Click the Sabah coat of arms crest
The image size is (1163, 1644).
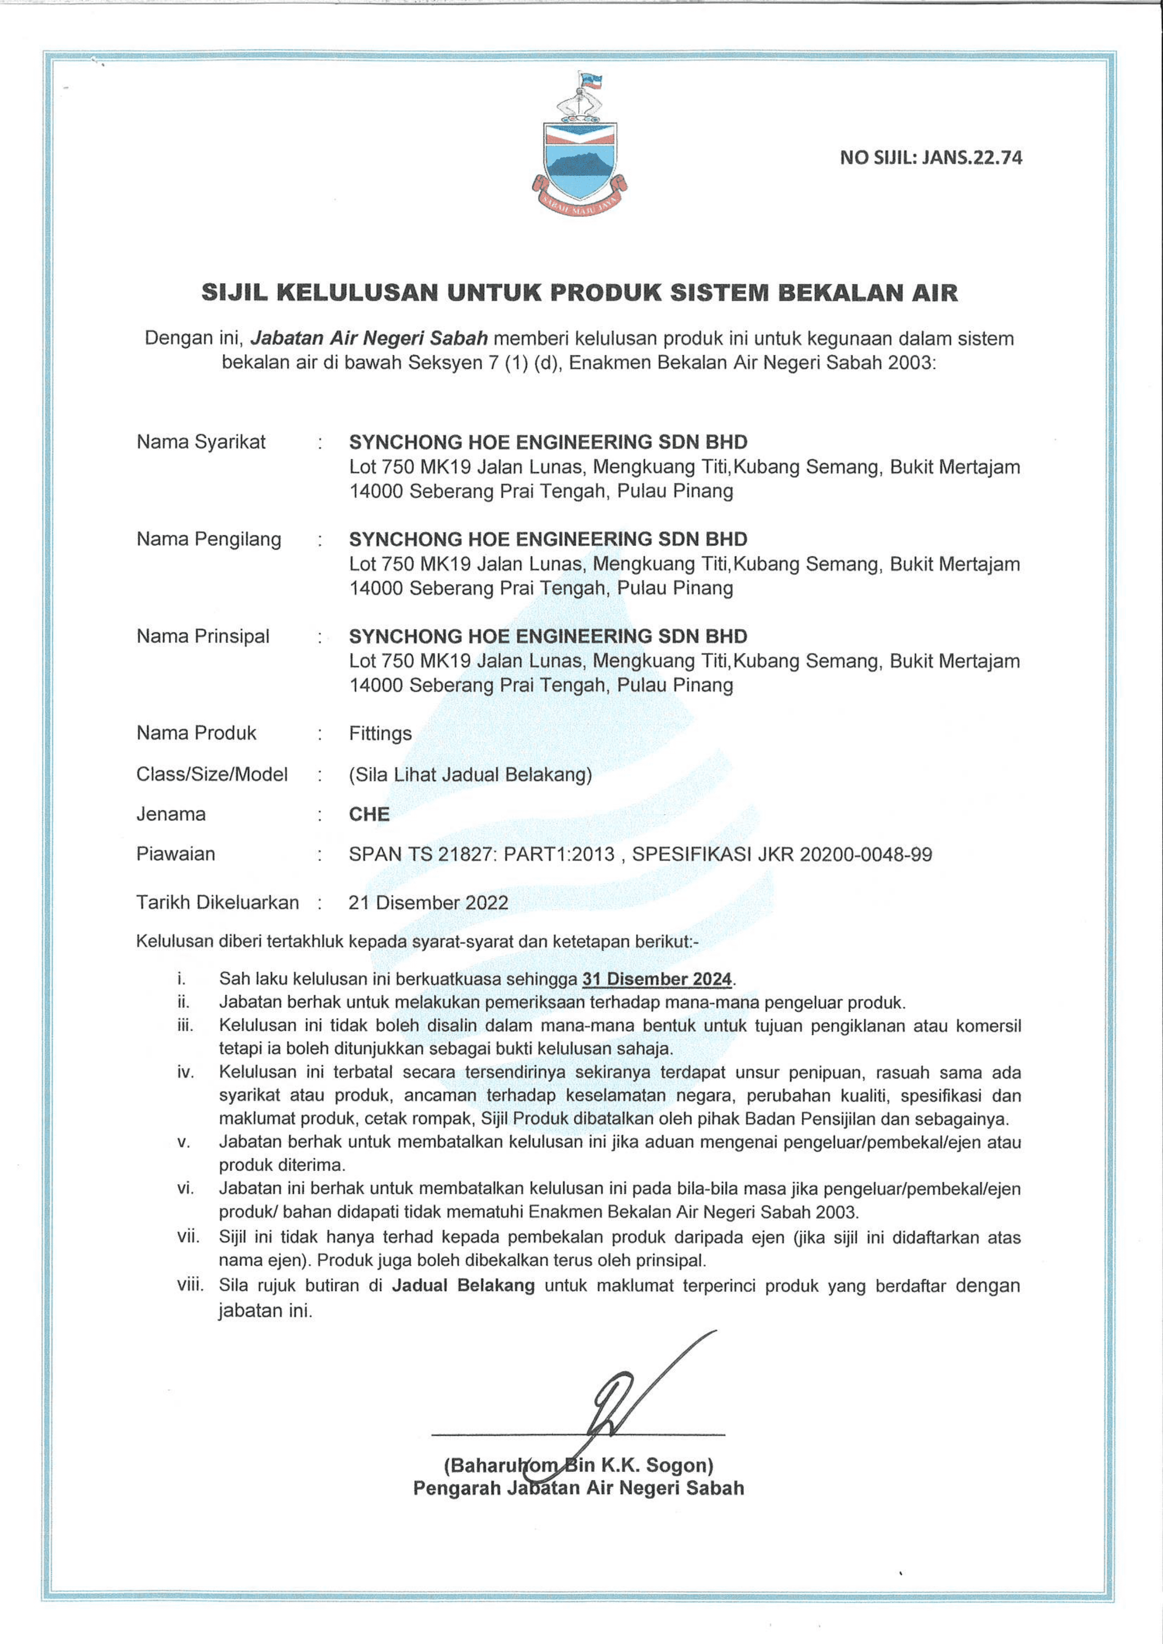[579, 146]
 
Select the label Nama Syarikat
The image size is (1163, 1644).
[201, 442]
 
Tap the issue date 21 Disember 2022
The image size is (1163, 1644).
[428, 902]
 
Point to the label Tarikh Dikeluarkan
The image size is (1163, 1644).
[217, 902]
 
